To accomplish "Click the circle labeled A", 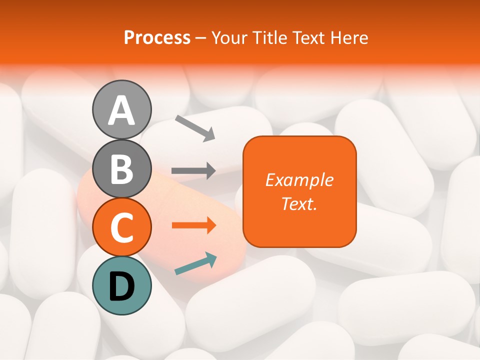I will [x=121, y=109].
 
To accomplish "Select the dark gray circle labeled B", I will [x=121, y=168].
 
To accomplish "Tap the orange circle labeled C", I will [x=121, y=227].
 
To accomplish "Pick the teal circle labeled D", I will [x=121, y=285].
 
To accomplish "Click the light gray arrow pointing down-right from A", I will [x=195, y=127].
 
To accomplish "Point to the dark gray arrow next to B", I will [x=193, y=171].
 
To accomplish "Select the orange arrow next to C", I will [x=193, y=225].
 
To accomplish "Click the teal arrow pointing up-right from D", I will [x=195, y=264].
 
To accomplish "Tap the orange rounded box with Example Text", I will [x=299, y=191].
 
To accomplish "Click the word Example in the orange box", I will [x=299, y=180].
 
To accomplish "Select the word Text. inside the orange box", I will [x=299, y=203].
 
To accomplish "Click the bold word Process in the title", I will [x=157, y=38].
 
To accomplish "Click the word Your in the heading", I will [x=227, y=38].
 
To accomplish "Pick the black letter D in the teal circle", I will [x=121, y=286].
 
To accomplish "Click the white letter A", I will [x=121, y=110].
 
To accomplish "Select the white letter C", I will [x=121, y=227].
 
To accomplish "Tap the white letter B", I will [x=121, y=169].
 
